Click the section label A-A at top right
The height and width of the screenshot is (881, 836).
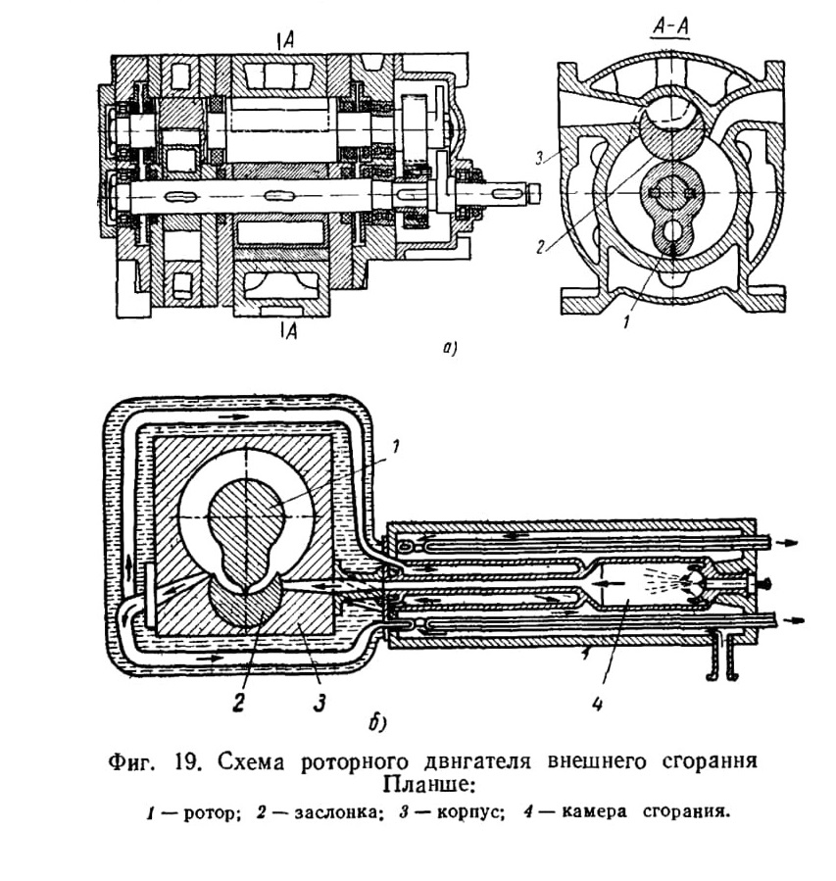670,28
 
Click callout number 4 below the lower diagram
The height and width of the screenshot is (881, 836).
597,703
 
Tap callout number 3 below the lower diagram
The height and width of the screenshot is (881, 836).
320,703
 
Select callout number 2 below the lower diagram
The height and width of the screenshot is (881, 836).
239,703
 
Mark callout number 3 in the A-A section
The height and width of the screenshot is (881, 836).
539,159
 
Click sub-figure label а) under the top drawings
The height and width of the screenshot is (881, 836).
449,349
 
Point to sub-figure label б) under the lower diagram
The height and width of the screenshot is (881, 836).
377,723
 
